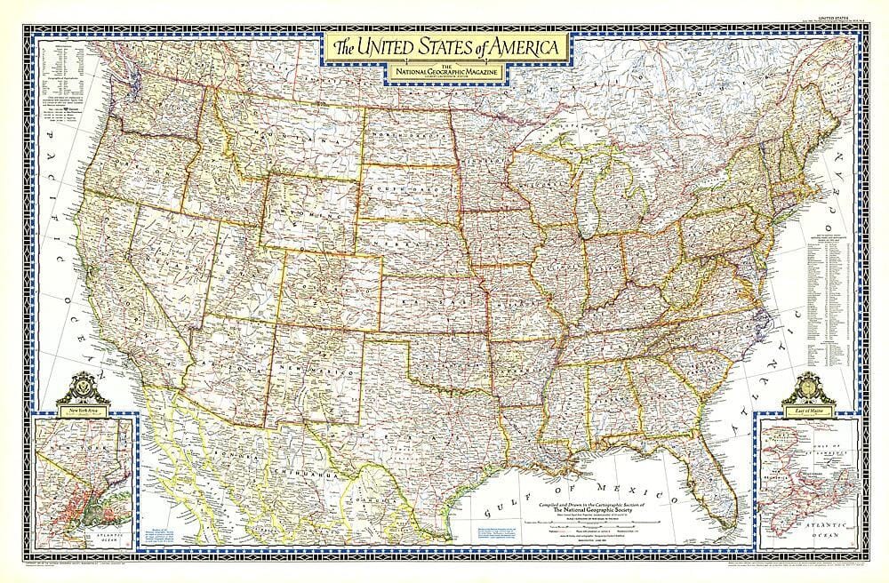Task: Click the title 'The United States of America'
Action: (x=446, y=44)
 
